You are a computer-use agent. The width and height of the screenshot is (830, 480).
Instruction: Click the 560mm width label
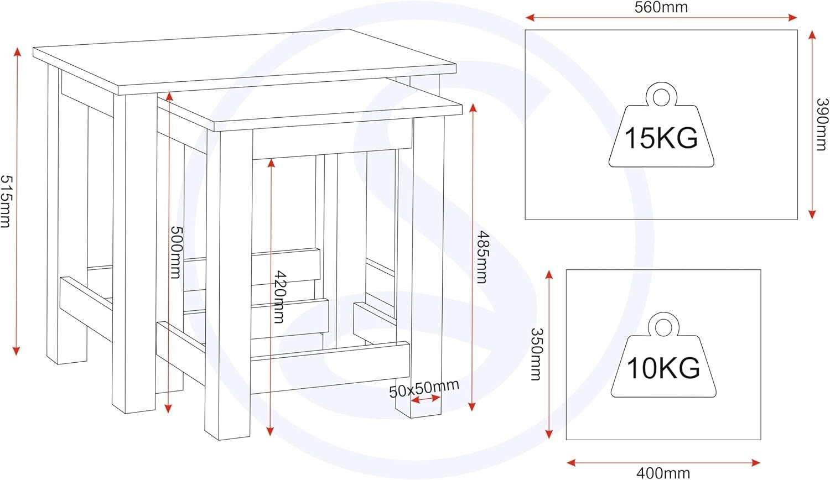pos(661,7)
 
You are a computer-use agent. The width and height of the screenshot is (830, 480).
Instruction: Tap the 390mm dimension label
pos(822,124)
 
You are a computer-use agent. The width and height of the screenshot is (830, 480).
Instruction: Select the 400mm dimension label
pos(663,473)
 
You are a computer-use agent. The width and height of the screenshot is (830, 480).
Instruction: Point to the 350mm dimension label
pos(536,354)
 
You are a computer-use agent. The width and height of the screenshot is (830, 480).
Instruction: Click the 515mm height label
pos(6,201)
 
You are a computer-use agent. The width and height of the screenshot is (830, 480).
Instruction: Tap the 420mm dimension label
pos(280,297)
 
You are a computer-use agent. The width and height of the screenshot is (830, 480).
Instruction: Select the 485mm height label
pos(482,257)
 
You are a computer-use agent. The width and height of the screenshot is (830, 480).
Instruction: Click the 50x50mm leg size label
pos(424,389)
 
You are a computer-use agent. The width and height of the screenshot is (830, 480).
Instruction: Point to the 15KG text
pos(661,138)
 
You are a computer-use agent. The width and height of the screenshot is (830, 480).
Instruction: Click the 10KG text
pos(663,368)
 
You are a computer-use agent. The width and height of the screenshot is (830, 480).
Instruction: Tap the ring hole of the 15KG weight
pos(661,98)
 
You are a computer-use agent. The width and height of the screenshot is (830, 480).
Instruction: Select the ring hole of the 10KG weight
pos(663,328)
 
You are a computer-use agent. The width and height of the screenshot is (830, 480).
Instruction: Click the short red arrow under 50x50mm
pos(426,399)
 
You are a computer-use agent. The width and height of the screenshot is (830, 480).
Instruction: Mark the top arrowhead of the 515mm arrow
pos(17,51)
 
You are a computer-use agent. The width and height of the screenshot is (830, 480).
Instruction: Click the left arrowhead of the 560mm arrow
pos(530,17)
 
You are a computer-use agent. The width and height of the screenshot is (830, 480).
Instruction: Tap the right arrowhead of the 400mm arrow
pos(755,463)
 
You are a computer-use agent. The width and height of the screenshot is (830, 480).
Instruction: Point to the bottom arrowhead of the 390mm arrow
pos(812,214)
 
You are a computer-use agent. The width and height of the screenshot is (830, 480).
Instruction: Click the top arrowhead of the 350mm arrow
pos(549,274)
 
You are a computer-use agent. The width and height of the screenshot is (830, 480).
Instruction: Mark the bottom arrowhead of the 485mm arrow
pos(471,406)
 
